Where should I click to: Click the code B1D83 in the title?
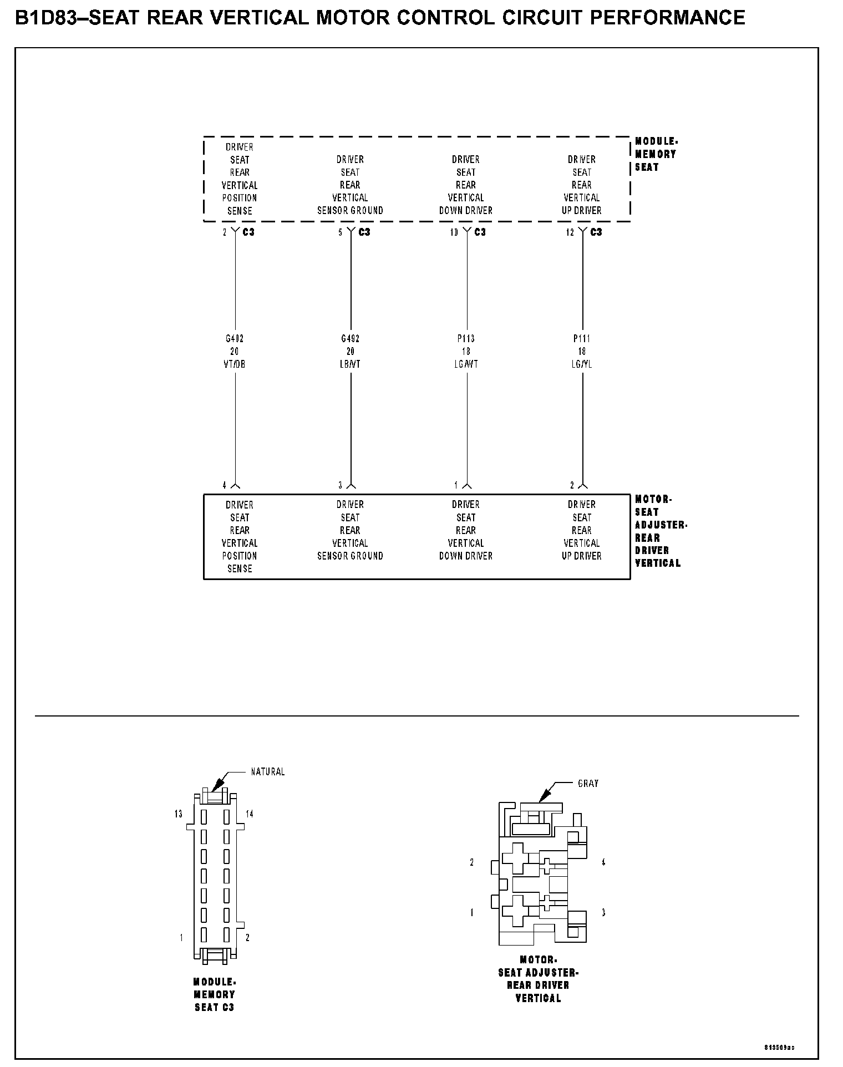(x=46, y=18)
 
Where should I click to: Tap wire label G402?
(x=235, y=338)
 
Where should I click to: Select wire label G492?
(x=351, y=338)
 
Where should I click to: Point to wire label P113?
(x=466, y=338)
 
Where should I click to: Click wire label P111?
(x=582, y=338)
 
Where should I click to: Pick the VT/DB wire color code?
(x=235, y=364)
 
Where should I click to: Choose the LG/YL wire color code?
(x=582, y=364)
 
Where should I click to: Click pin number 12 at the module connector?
(x=570, y=233)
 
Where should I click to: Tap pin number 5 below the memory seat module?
(x=341, y=233)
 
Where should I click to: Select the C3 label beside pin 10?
(x=480, y=232)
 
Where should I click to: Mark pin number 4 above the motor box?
(x=225, y=485)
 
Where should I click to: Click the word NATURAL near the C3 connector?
(x=268, y=771)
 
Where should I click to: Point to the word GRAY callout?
(x=588, y=784)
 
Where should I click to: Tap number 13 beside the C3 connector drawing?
(x=178, y=814)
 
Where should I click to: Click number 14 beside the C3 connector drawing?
(x=250, y=814)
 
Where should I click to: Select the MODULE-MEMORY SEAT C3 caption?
(x=215, y=994)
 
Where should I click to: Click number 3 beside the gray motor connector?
(x=603, y=912)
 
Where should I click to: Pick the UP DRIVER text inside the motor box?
(x=582, y=556)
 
